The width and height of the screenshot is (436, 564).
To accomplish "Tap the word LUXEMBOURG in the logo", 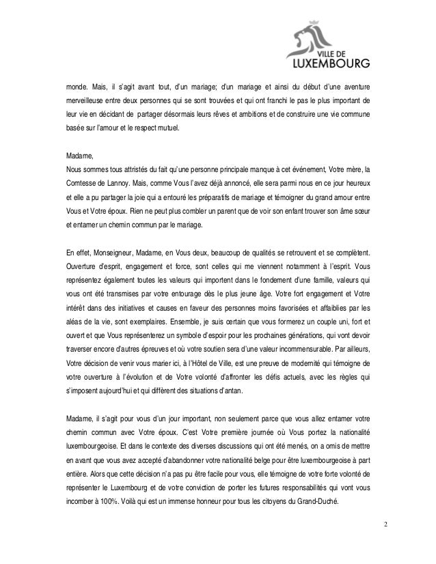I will [x=331, y=66].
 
